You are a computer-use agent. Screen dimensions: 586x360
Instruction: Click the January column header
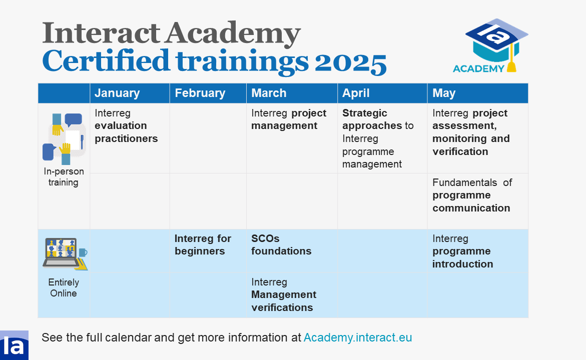[x=117, y=93]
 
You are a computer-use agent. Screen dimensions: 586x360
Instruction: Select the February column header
[x=200, y=93]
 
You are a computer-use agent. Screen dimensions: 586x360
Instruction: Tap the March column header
[x=269, y=93]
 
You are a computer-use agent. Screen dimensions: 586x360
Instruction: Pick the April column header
[x=356, y=93]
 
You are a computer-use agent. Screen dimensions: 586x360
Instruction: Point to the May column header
[x=444, y=93]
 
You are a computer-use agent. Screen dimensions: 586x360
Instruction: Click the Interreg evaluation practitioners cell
[x=126, y=126]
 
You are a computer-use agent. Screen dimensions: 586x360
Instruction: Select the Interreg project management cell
[x=289, y=119]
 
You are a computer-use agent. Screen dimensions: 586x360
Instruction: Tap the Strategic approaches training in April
[x=378, y=138]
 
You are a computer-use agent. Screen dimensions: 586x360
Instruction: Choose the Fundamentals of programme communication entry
[x=472, y=195]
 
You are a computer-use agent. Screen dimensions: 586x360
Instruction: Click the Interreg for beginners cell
[x=203, y=244]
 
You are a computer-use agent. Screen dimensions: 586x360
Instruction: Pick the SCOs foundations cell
[x=281, y=244]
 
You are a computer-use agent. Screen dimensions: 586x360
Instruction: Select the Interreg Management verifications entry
[x=284, y=294]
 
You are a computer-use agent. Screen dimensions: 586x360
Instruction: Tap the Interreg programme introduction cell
[x=463, y=251]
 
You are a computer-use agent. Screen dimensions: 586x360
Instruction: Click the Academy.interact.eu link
[x=358, y=337]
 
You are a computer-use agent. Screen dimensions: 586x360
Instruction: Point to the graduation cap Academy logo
[x=491, y=45]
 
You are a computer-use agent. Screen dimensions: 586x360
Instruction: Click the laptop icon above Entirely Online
[x=65, y=254]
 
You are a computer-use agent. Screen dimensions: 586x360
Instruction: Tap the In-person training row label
[x=64, y=176]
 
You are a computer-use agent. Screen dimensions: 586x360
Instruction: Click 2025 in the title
[x=350, y=62]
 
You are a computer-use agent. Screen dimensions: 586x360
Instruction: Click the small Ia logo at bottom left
[x=14, y=345]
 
